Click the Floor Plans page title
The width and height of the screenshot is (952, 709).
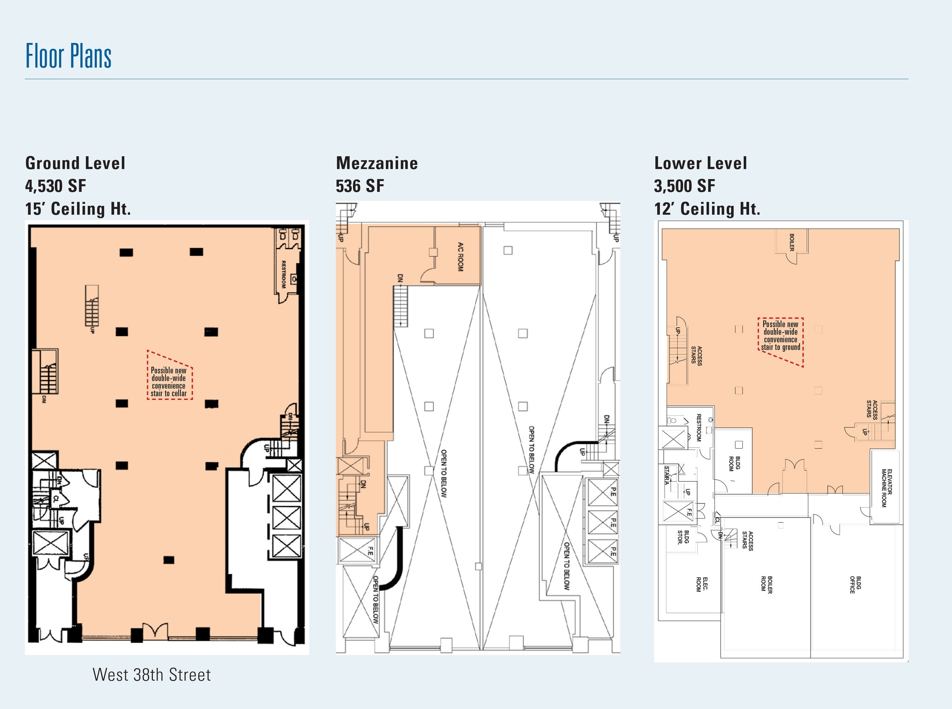[x=68, y=56]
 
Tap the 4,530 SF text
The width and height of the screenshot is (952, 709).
[x=56, y=186]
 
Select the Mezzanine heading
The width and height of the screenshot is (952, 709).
[x=377, y=163]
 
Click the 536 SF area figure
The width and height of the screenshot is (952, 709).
[x=360, y=186]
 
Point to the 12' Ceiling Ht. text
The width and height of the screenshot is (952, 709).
[x=707, y=209]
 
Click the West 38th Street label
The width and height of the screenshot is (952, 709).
[x=152, y=675]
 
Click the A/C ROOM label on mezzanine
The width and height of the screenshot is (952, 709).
[x=461, y=256]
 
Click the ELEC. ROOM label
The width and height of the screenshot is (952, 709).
[x=701, y=584]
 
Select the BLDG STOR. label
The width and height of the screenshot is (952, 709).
[x=683, y=537]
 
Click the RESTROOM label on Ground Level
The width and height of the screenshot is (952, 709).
[x=283, y=274]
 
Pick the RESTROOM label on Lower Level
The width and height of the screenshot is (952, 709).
[x=698, y=427]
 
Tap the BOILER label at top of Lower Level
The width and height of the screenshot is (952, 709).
[x=791, y=242]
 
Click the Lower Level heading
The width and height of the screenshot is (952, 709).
[x=700, y=163]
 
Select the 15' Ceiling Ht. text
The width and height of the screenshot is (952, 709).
[x=78, y=209]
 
